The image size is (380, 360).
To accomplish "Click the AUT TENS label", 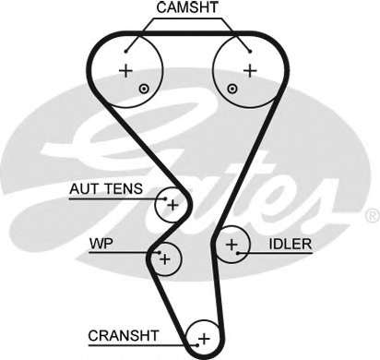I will click(106, 189).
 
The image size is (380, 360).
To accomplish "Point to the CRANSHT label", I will click(124, 334).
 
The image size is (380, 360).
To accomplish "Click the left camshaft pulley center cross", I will click(126, 70).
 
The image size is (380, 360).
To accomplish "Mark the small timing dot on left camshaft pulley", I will click(143, 89).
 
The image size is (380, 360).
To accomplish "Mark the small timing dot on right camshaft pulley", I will click(232, 89).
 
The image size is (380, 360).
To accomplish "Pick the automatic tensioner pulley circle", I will click(172, 204).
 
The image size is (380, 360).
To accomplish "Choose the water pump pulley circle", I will click(165, 259).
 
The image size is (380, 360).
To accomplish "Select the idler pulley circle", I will click(232, 245).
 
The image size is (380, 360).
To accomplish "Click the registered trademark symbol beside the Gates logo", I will click(371, 215).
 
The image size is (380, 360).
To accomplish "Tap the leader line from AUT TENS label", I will click(152, 196).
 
